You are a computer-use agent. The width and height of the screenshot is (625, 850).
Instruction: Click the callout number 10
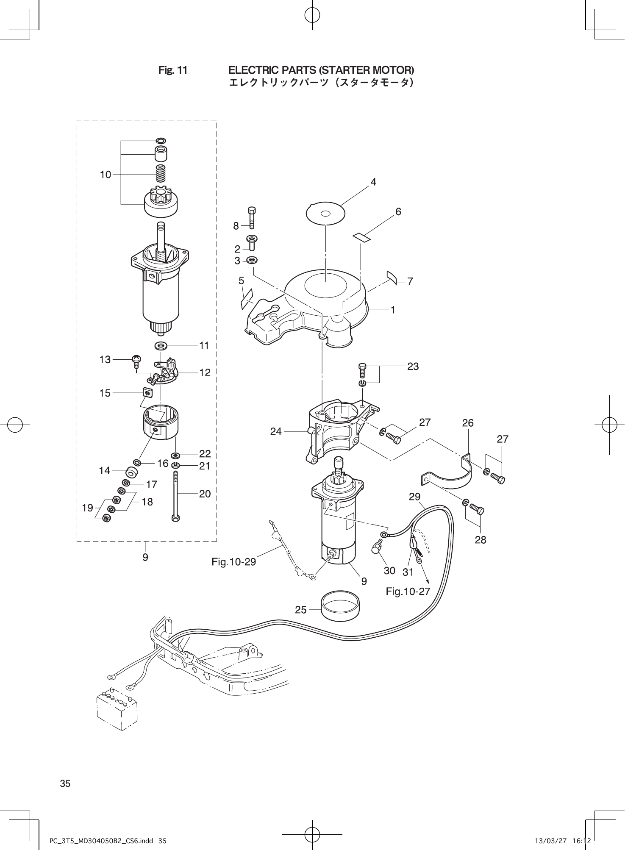coord(106,175)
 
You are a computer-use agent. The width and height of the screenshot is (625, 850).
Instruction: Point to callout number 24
coord(276,432)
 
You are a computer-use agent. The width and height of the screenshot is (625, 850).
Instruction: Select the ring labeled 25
coord(340,606)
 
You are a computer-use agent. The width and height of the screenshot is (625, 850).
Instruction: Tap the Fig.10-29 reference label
coord(234,562)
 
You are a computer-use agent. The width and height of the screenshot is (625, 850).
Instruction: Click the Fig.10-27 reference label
coord(408,591)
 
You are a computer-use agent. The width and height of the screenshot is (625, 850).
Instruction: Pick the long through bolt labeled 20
coord(175,496)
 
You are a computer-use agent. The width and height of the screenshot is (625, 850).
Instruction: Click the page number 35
coord(65,783)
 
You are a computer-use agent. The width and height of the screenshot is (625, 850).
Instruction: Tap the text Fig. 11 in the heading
coord(172,70)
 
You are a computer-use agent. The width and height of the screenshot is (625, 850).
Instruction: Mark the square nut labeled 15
coord(147,393)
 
